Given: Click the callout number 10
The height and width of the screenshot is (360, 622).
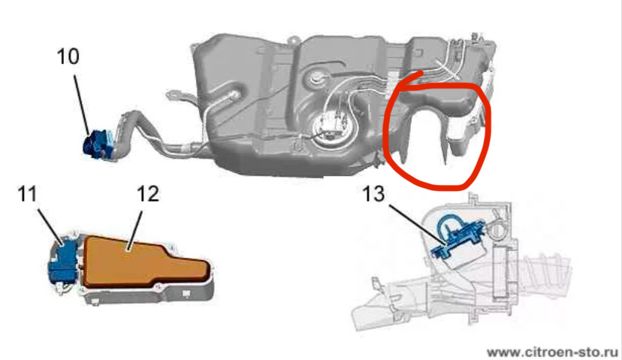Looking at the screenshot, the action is click(68, 56).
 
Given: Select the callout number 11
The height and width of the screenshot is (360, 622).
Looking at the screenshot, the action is click(27, 194).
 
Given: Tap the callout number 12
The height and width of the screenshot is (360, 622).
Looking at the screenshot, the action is click(148, 194).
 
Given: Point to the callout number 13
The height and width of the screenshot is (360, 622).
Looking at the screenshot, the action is click(373, 194).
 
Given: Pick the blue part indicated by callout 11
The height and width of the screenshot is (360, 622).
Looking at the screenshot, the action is click(63, 261).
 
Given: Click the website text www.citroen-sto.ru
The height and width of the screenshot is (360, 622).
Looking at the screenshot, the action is click(552, 352).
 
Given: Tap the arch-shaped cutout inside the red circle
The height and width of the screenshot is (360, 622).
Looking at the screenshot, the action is click(426, 108).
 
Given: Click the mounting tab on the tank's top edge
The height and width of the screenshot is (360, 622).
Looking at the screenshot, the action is click(293, 40).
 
